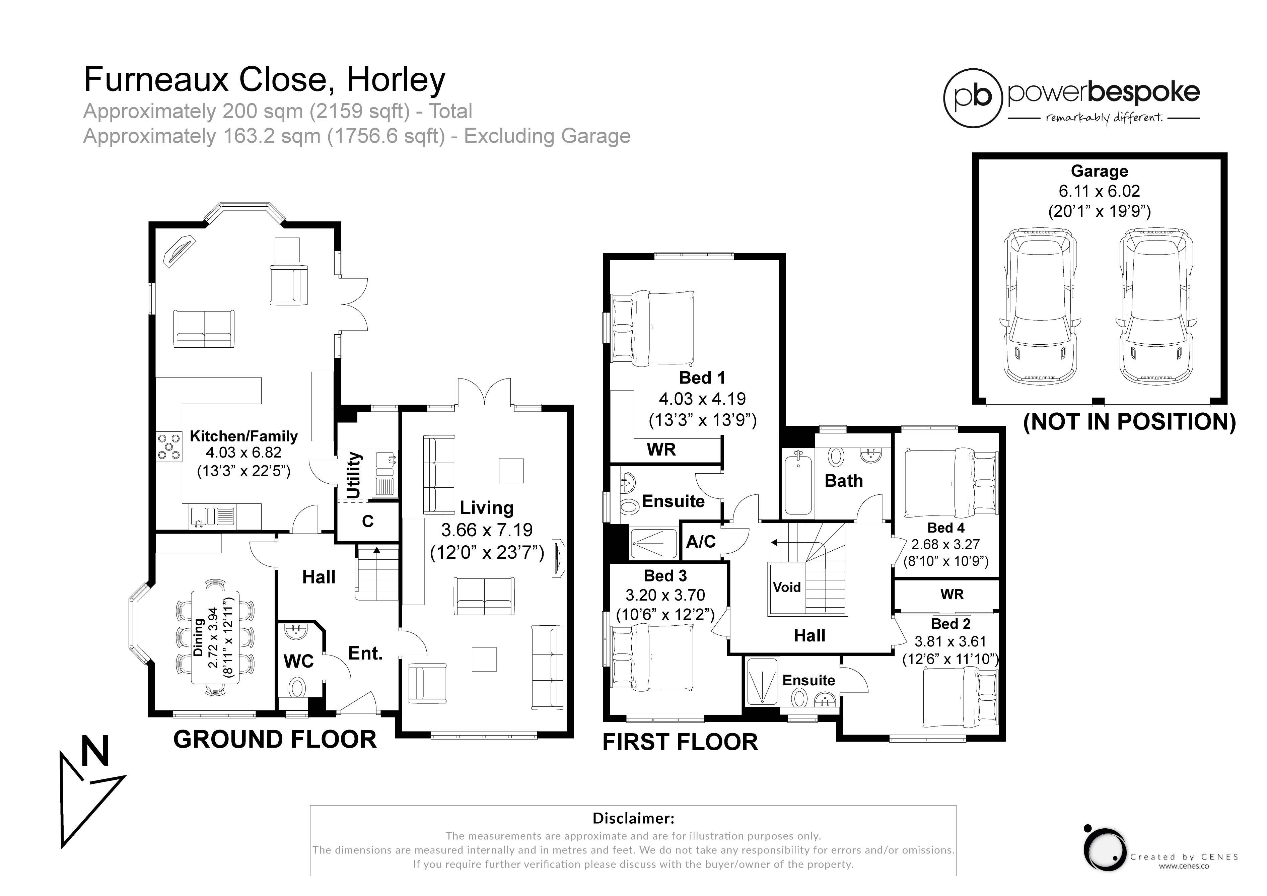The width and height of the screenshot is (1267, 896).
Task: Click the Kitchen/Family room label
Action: tap(243, 436)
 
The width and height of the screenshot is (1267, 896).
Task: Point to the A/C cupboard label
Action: tap(701, 542)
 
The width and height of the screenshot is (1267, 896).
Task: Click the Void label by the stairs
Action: tap(786, 587)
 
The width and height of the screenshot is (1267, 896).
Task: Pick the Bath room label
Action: tap(844, 481)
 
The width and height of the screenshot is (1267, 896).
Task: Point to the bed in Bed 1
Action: tap(653, 328)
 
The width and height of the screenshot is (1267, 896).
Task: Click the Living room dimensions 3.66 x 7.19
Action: tap(487, 530)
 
